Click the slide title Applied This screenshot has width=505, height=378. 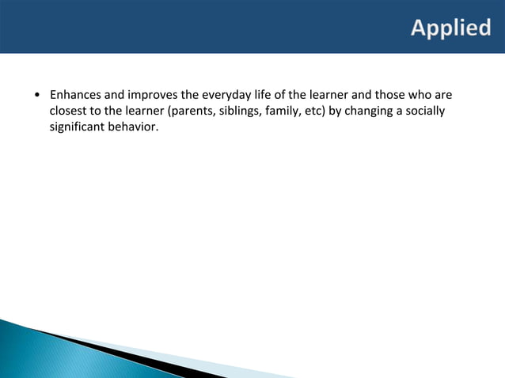point(450,28)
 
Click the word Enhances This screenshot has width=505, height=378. point(77,96)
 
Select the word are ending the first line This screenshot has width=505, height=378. point(444,96)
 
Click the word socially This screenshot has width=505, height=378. point(427,111)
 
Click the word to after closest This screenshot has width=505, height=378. point(100,111)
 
